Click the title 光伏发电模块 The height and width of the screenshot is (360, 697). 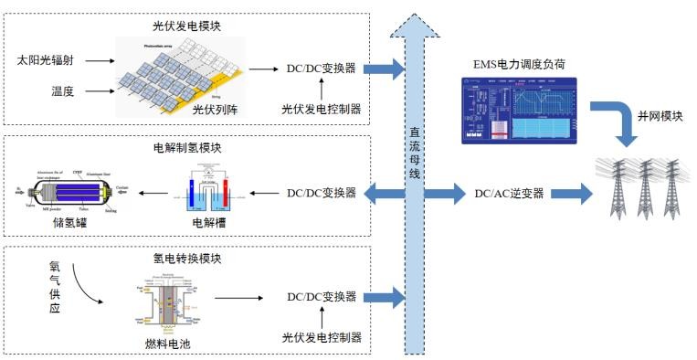click(186, 21)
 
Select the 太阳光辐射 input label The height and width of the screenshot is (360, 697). click(58, 60)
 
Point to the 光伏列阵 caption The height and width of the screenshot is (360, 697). click(215, 110)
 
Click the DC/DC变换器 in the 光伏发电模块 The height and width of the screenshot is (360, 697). click(322, 69)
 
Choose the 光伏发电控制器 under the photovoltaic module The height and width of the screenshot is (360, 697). click(322, 110)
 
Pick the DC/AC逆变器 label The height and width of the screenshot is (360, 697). click(509, 193)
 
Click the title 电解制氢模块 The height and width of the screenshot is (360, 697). click(186, 146)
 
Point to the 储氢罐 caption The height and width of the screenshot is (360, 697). click(72, 221)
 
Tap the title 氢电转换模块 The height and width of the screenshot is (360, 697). click(186, 259)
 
